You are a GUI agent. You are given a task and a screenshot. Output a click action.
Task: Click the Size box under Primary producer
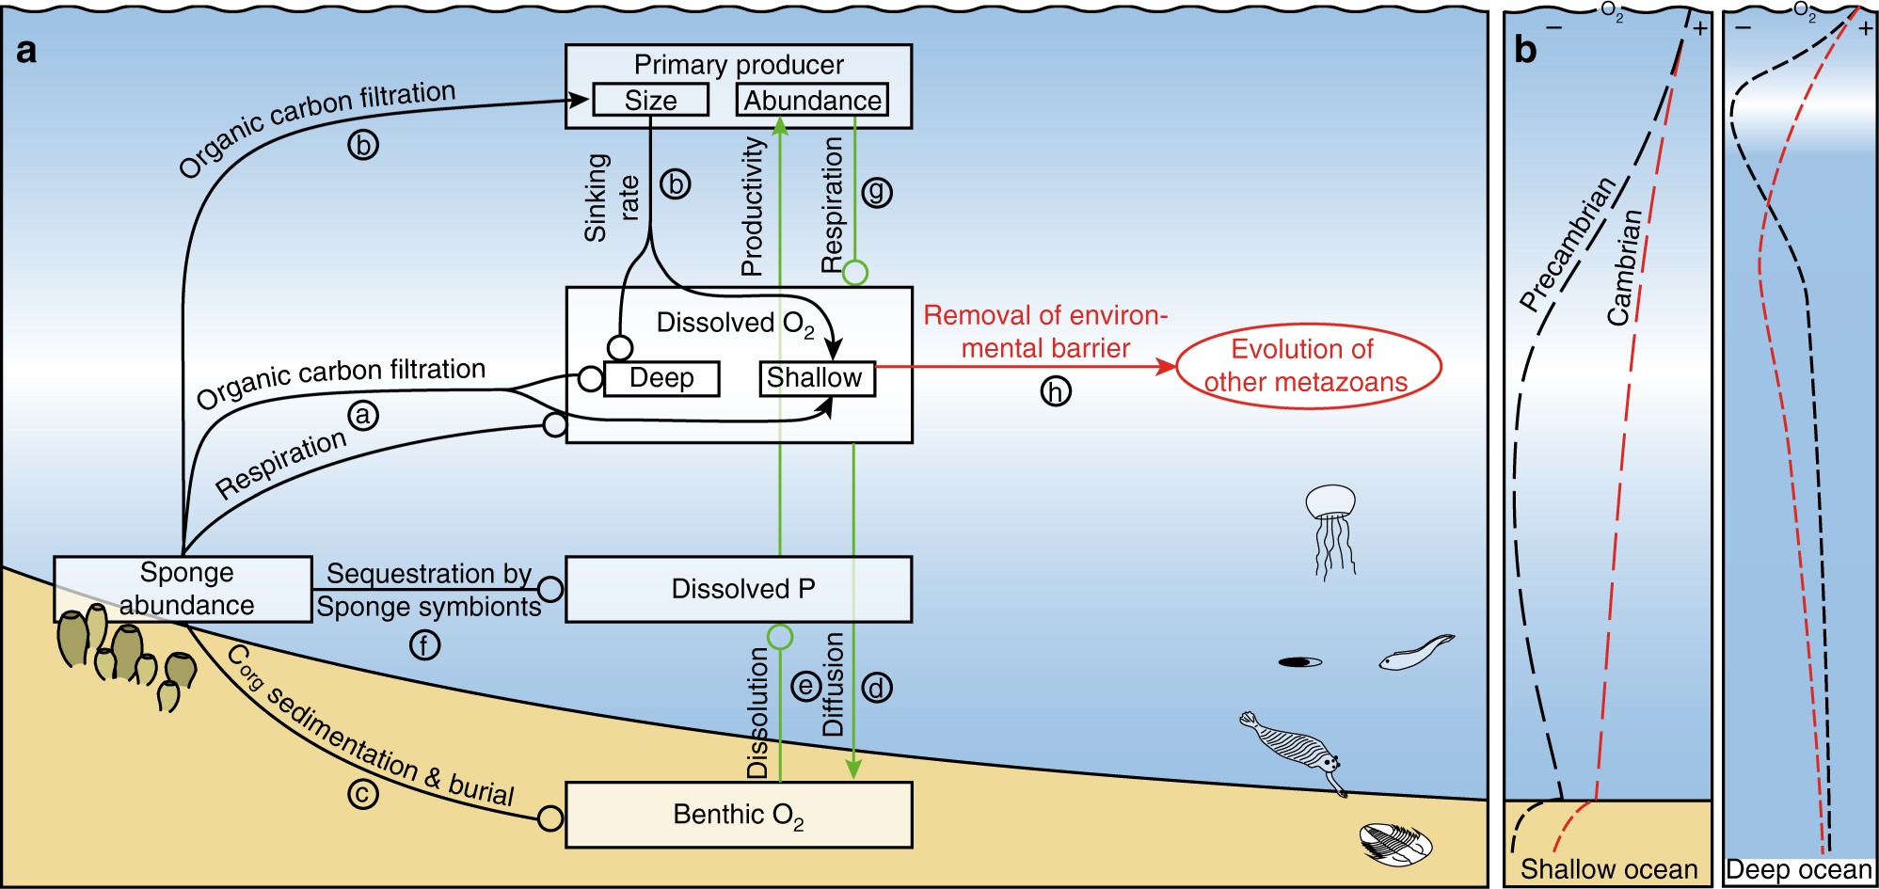pos(650,100)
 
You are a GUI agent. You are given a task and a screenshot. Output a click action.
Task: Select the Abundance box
pos(812,100)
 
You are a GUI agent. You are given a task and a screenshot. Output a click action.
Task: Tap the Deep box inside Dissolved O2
pos(661,378)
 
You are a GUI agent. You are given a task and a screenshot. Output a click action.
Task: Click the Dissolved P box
pos(740,589)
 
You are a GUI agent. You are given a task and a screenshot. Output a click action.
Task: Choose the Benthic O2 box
pos(740,815)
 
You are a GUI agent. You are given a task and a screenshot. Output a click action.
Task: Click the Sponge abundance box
pos(184,589)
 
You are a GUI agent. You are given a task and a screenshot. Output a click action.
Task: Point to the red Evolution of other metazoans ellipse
pos(1308,366)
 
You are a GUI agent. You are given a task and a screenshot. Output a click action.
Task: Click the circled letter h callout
pos(1056,390)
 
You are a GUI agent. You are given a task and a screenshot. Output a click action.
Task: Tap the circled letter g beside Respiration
pos(876,192)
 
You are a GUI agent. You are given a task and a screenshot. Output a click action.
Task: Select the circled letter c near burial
pos(362,794)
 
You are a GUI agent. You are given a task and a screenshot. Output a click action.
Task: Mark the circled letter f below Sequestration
pos(424,644)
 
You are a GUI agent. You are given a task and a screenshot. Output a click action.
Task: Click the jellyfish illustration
pos(1331,527)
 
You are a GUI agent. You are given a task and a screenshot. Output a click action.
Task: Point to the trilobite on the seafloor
pos(1395,842)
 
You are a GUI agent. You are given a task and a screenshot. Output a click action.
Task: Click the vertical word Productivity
pos(752,207)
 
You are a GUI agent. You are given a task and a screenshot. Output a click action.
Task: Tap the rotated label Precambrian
pos(1568,245)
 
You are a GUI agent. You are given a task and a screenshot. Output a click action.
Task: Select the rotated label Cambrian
pos(1624,268)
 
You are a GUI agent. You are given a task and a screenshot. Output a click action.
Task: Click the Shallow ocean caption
pos(1609,868)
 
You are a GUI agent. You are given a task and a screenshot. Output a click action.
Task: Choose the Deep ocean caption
pos(1799,870)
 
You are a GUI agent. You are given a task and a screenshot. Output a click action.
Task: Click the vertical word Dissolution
pos(758,713)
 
